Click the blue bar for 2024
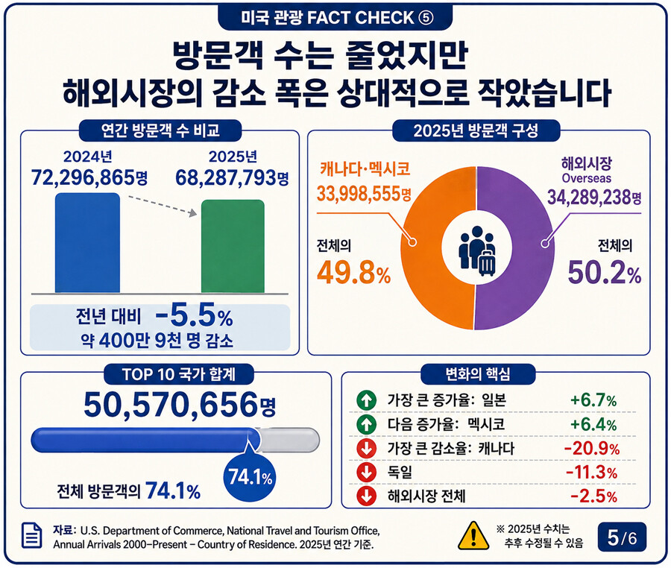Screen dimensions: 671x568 pyautogui.click(x=87, y=243)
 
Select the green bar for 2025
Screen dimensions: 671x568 pyautogui.click(x=233, y=247)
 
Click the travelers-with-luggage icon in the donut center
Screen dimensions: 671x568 pyautogui.click(x=477, y=250)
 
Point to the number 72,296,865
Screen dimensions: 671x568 pyautogui.click(x=83, y=177)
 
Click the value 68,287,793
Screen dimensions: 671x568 pyautogui.click(x=226, y=177)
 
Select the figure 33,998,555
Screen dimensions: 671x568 pyautogui.click(x=358, y=194)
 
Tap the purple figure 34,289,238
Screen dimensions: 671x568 pyautogui.click(x=589, y=198)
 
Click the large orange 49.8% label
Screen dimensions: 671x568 pyautogui.click(x=354, y=273)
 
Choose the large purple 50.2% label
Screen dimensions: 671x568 pyautogui.click(x=605, y=273)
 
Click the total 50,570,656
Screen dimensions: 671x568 pyautogui.click(x=171, y=404)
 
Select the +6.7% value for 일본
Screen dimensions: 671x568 pyautogui.click(x=593, y=400)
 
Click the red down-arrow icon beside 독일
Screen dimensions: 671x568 pyautogui.click(x=366, y=472)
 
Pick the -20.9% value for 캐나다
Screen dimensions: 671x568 pyautogui.click(x=591, y=448)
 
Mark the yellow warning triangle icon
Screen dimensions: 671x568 pyautogui.click(x=473, y=535)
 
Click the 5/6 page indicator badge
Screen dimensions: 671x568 pyautogui.click(x=622, y=537)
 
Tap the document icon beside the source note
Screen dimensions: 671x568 pyautogui.click(x=31, y=535)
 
